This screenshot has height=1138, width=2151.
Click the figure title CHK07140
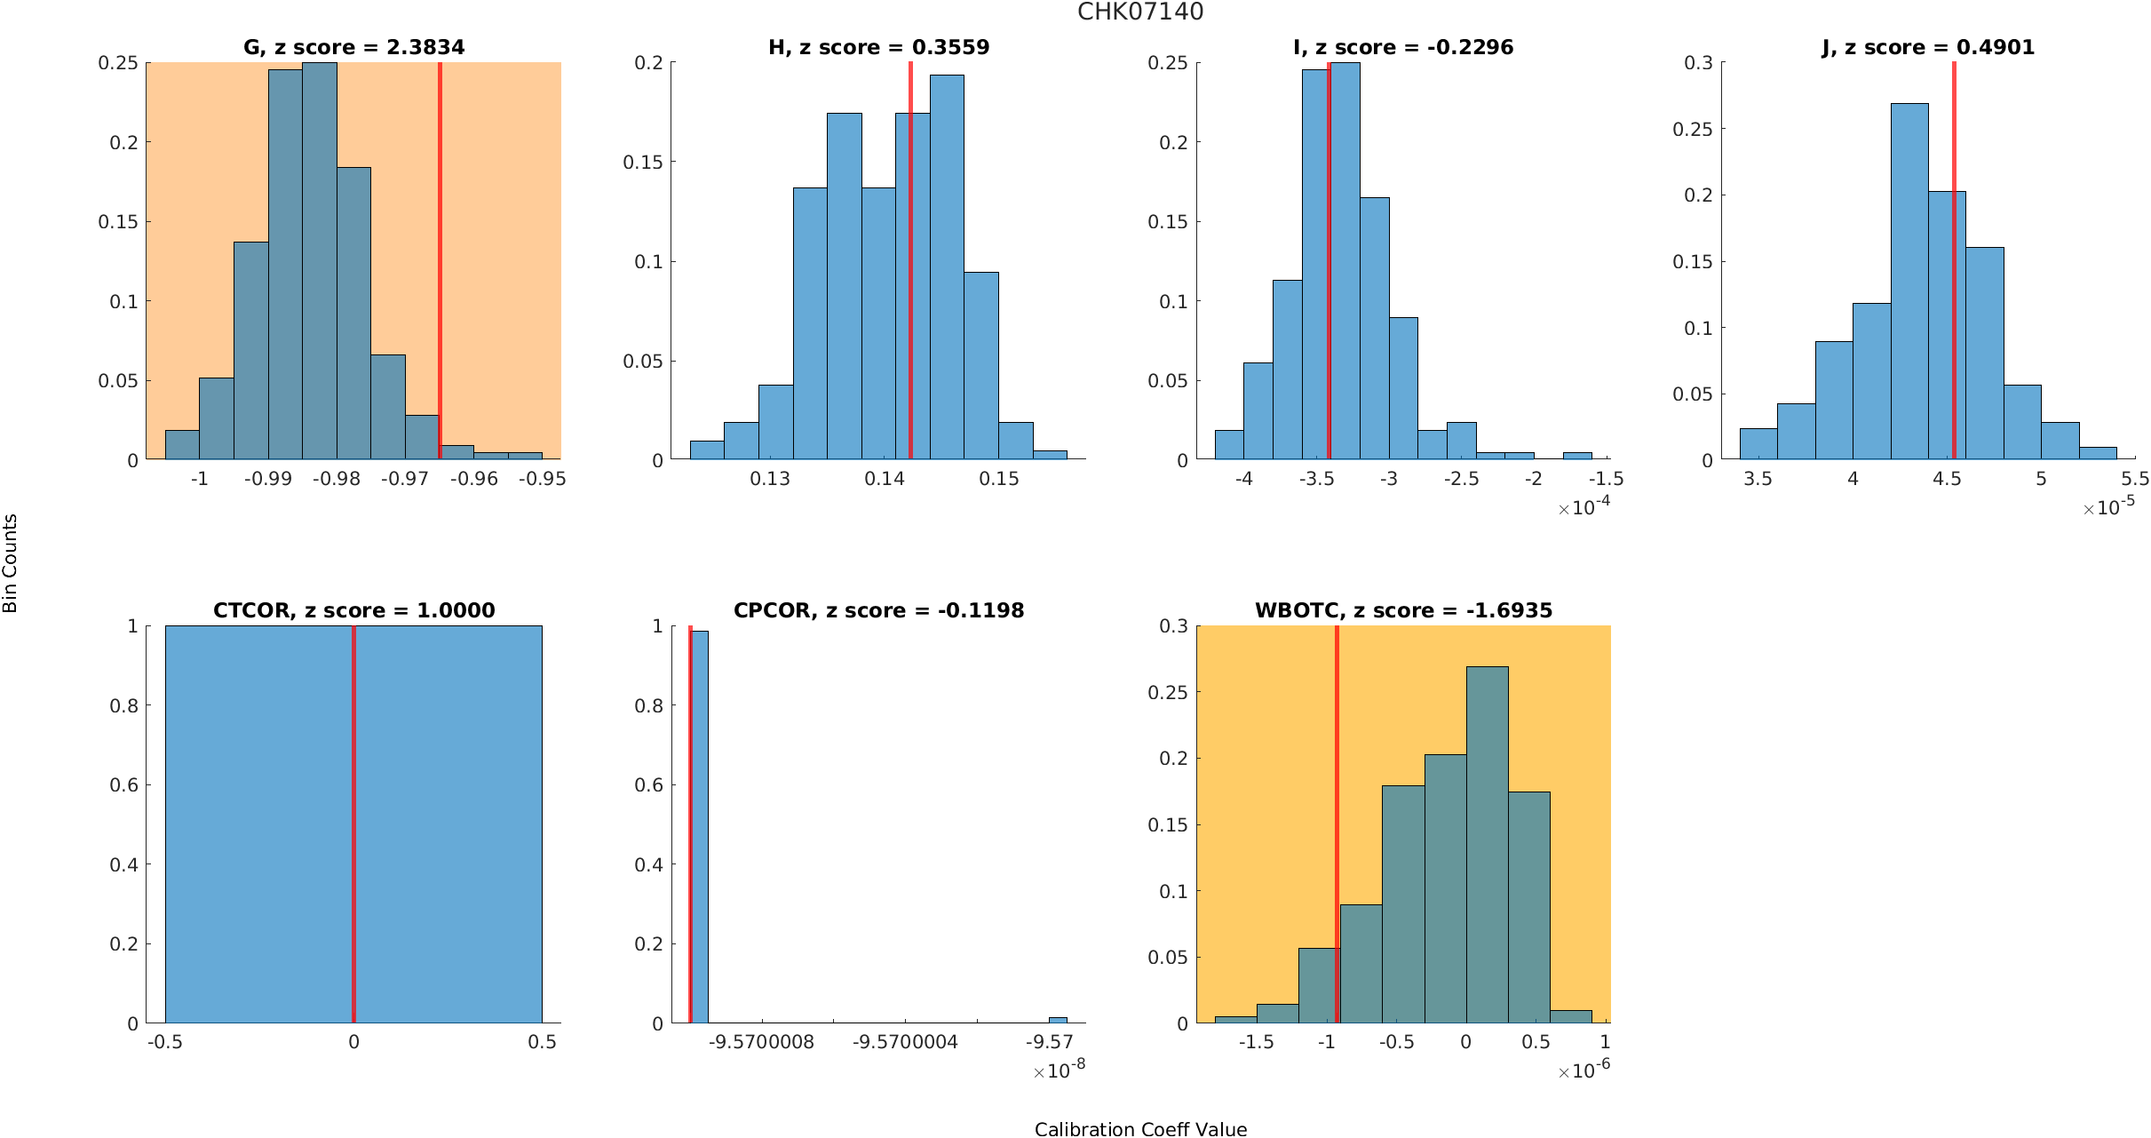click(1140, 12)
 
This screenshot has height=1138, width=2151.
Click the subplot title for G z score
click(353, 47)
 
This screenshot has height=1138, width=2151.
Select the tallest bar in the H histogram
click(947, 267)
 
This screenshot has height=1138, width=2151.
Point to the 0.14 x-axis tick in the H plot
click(885, 479)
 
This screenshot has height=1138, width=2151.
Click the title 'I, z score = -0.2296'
click(1403, 47)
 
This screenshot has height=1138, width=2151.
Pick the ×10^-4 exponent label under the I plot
click(1584, 507)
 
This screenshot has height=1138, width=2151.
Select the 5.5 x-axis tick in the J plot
click(2135, 479)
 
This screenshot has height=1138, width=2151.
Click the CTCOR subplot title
click(353, 610)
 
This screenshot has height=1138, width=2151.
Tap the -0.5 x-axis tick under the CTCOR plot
click(165, 1042)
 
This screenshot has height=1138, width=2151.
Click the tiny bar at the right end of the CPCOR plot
click(1058, 1020)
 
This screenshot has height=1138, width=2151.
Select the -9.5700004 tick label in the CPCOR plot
click(905, 1042)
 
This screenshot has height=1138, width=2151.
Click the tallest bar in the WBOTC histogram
click(1487, 844)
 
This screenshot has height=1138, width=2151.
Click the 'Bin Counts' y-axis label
click(11, 563)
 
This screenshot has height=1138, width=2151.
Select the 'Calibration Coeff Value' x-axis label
click(1140, 1128)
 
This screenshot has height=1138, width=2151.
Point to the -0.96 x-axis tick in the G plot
click(473, 479)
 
